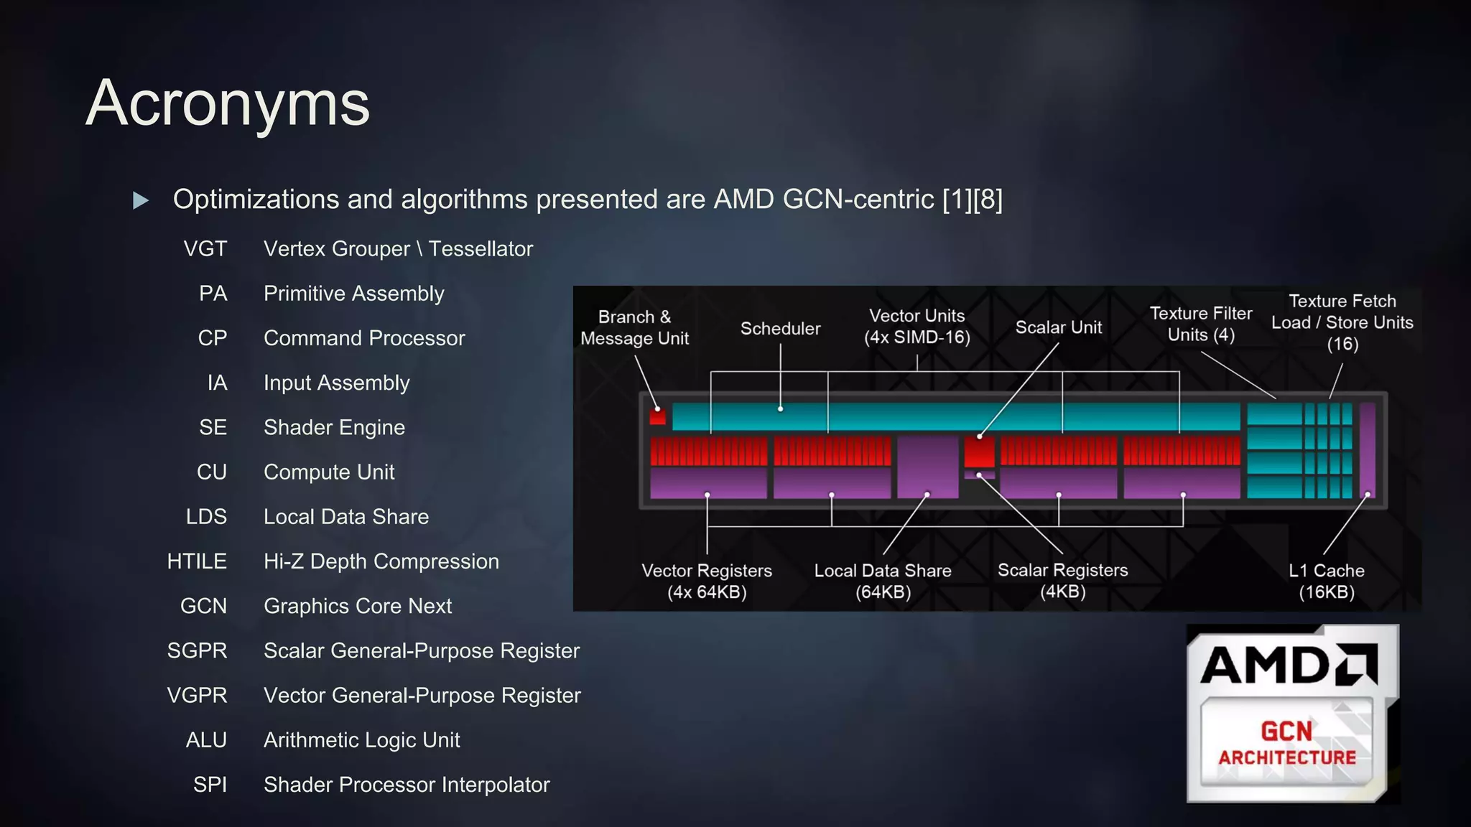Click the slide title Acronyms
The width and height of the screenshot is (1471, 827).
[228, 103]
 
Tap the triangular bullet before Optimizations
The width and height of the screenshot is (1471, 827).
[141, 200]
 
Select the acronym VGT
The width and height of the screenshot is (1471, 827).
[205, 249]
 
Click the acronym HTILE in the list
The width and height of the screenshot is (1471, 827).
[197, 561]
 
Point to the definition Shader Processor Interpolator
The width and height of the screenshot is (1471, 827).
[407, 785]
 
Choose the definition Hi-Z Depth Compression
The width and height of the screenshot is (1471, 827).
[381, 561]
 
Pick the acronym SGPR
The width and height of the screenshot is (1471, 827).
[197, 650]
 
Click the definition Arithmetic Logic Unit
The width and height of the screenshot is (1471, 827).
[361, 740]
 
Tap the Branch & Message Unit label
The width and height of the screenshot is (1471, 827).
[634, 327]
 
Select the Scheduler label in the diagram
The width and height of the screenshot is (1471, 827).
[780, 329]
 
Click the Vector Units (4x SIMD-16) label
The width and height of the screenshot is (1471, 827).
[917, 327]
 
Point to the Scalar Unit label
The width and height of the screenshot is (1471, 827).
[1058, 327]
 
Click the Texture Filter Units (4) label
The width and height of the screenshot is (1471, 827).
[1200, 324]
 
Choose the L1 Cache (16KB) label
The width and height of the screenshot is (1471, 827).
[1326, 581]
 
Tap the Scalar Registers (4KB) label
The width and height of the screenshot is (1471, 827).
[1062, 581]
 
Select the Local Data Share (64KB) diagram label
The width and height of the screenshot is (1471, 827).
[883, 581]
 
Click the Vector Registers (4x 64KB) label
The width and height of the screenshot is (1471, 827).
[707, 581]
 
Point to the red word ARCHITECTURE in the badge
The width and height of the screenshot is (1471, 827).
[1287, 758]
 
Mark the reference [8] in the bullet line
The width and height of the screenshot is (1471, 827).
[988, 200]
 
